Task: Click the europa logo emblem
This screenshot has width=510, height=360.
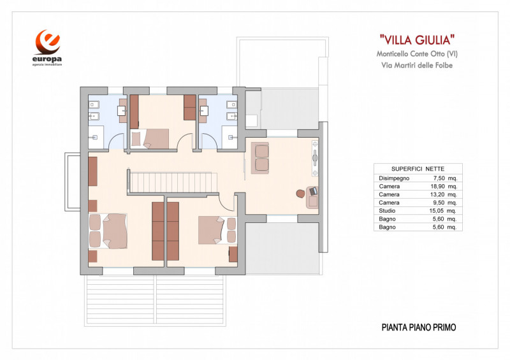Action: tap(48, 42)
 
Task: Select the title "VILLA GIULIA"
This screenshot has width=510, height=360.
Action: tap(416, 40)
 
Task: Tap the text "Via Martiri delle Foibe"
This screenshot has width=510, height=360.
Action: tap(416, 65)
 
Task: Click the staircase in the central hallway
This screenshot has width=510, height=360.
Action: tap(170, 180)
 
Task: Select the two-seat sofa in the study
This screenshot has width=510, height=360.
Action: tap(261, 158)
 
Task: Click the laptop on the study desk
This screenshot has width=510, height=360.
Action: tap(312, 191)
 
